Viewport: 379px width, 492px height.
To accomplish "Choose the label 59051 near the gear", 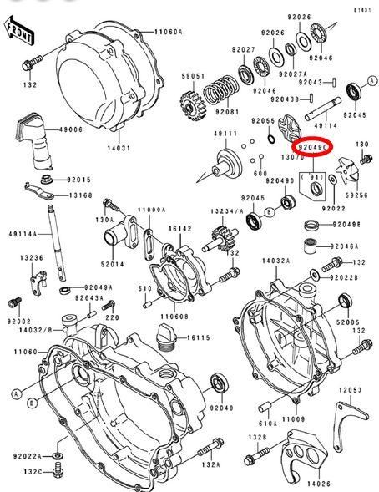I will point(194,76).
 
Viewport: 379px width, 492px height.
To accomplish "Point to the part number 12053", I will point(351,390).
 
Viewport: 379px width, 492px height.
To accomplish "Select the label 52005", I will point(348,322).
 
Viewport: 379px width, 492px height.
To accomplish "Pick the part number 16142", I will point(180,227).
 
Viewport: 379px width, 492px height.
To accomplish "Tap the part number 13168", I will point(80,195).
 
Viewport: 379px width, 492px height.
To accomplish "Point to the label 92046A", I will point(344,246).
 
